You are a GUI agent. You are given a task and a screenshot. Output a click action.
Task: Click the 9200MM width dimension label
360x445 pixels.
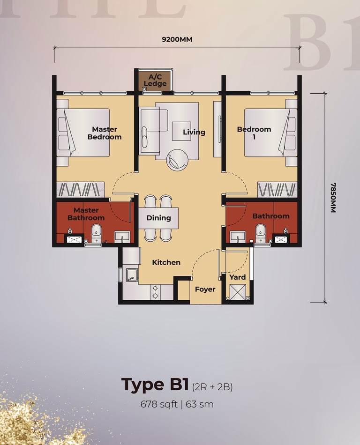pyautogui.click(x=177, y=39)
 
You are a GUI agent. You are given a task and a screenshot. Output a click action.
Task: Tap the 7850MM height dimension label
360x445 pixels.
pyautogui.click(x=333, y=198)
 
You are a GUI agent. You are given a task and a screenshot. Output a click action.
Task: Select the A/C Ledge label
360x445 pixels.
pyautogui.click(x=155, y=80)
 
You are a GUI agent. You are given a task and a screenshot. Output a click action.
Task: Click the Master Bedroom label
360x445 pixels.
pyautogui.click(x=105, y=133)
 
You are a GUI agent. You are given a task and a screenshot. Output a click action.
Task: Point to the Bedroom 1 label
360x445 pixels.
pyautogui.click(x=254, y=133)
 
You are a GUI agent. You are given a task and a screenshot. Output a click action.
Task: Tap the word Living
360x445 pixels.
pyautogui.click(x=194, y=132)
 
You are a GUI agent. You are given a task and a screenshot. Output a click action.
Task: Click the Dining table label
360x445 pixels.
pyautogui.click(x=158, y=218)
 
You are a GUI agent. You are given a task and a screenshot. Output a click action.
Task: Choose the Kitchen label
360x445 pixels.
pyautogui.click(x=166, y=262)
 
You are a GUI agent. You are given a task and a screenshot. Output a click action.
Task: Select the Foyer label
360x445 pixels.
pyautogui.click(x=205, y=289)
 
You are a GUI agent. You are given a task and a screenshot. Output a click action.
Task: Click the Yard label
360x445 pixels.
pyautogui.click(x=238, y=277)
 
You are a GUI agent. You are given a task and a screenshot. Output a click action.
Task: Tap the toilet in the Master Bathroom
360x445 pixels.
pyautogui.click(x=97, y=233)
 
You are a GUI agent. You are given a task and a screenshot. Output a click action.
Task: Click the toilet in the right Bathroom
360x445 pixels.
pyautogui.click(x=260, y=233)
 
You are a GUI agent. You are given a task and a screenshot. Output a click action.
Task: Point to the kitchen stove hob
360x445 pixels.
pyautogui.click(x=155, y=292)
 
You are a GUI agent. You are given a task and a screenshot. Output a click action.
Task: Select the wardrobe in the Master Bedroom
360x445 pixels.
pyautogui.click(x=81, y=190)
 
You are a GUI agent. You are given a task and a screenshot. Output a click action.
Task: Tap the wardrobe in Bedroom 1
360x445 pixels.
pyautogui.click(x=277, y=190)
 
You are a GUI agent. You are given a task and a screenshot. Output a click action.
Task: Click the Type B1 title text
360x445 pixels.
pyautogui.click(x=155, y=385)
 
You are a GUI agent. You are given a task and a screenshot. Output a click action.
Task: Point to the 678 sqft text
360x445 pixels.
pyautogui.click(x=159, y=404)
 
